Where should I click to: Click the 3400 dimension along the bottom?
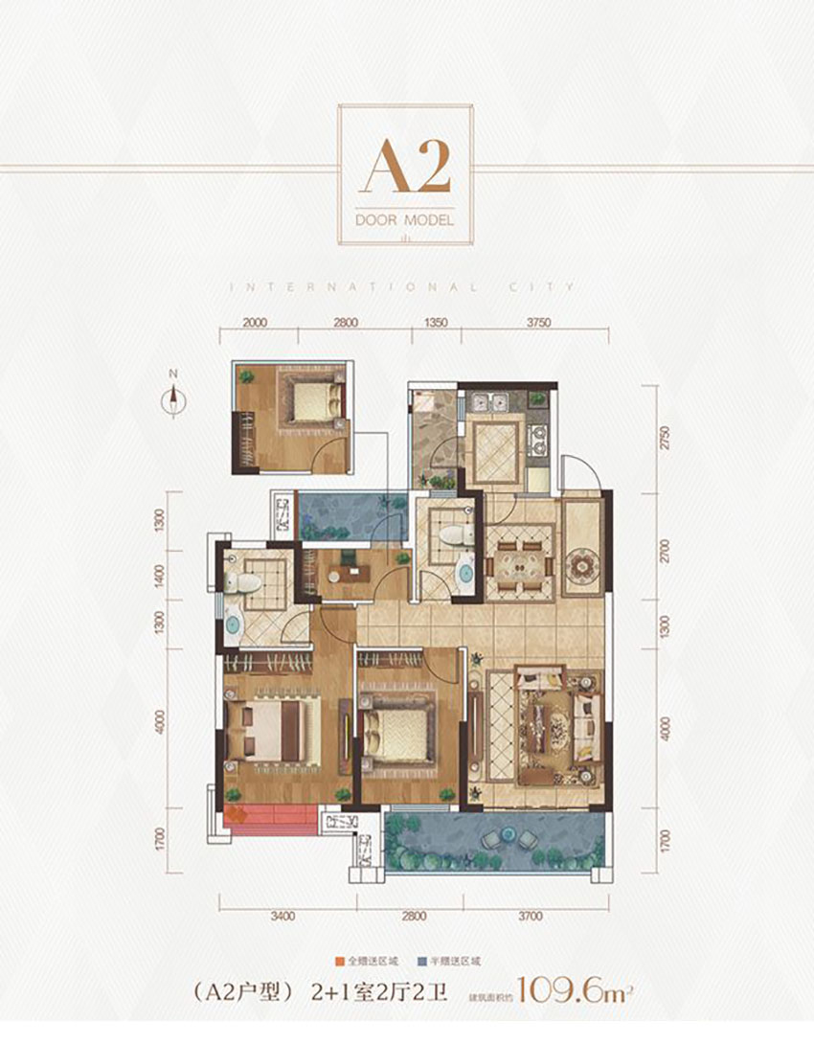[281, 917]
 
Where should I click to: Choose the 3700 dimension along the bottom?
[532, 917]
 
